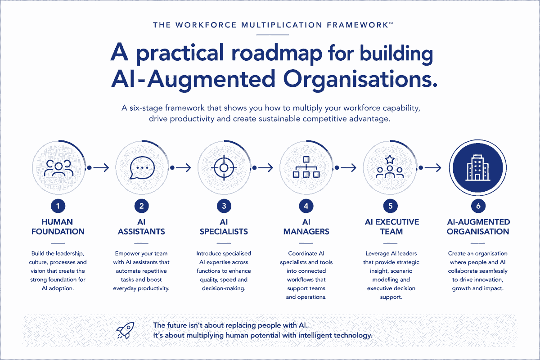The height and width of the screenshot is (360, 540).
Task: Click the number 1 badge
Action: (58, 206)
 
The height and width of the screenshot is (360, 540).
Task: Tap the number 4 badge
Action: (306, 206)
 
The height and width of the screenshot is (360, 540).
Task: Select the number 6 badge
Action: (478, 206)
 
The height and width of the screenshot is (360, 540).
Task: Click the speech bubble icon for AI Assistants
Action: (142, 168)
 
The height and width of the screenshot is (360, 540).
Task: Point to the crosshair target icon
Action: (224, 168)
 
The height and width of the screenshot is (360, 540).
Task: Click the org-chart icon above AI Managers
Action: (306, 167)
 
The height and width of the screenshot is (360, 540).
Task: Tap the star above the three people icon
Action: (390, 159)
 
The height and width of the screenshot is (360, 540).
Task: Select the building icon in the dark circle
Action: (478, 167)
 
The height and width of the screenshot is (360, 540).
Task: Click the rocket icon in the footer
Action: (126, 330)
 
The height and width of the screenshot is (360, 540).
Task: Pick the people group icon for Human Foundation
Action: (58, 168)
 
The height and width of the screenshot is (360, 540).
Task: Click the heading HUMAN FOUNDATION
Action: (58, 227)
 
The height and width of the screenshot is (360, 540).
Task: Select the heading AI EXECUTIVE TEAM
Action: (392, 227)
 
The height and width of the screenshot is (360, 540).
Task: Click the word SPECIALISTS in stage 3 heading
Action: (224, 231)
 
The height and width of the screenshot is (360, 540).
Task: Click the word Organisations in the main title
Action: (360, 79)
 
